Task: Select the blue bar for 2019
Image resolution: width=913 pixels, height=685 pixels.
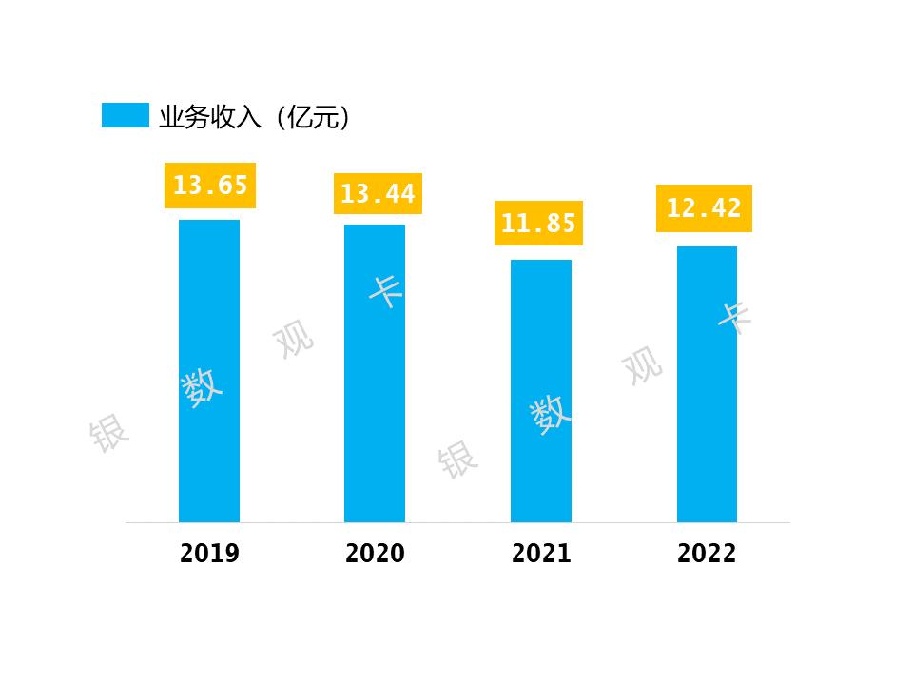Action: [209, 371]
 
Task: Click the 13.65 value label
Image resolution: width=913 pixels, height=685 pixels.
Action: [210, 185]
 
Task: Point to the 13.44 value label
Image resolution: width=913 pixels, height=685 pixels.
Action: [378, 194]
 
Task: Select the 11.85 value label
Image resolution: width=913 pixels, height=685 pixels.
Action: [538, 224]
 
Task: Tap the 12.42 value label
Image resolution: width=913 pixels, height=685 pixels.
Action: [704, 208]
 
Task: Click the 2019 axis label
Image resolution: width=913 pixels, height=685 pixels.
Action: [209, 554]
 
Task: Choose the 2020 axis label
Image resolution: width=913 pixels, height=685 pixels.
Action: [375, 554]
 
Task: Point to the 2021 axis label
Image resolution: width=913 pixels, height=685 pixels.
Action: [541, 554]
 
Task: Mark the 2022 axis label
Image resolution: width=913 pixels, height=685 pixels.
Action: [707, 554]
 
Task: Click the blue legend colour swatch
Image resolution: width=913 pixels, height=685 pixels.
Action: [126, 116]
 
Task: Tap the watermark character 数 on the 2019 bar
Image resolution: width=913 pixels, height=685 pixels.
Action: [203, 386]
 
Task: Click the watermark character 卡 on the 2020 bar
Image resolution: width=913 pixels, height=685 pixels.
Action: [387, 289]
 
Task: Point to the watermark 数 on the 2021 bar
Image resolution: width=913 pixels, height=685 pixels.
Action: [551, 414]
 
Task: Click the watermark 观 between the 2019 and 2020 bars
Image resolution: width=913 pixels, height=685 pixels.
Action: [293, 339]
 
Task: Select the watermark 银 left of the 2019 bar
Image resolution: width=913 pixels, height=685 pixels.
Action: [108, 434]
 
